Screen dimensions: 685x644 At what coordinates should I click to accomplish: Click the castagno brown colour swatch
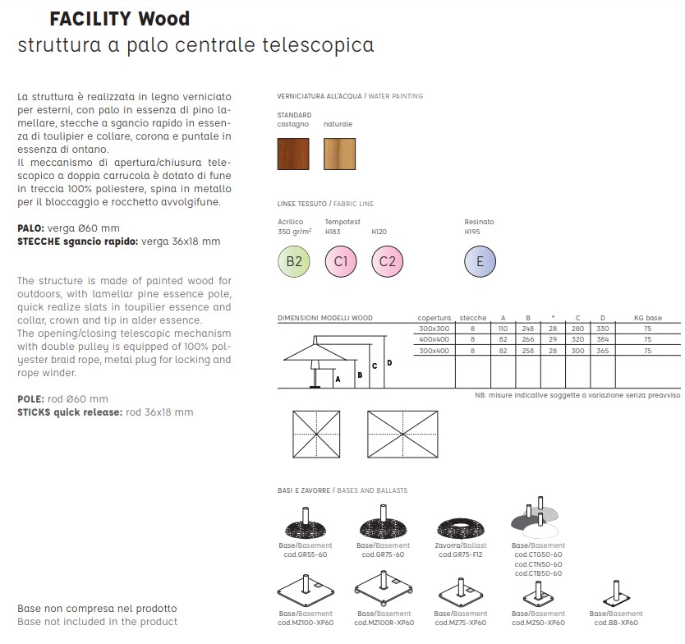[293, 154]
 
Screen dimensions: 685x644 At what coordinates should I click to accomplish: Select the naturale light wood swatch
[339, 154]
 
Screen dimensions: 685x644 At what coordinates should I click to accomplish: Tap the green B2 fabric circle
[294, 261]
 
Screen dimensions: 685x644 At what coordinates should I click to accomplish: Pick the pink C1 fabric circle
[341, 261]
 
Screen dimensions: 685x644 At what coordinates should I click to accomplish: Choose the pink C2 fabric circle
[388, 261]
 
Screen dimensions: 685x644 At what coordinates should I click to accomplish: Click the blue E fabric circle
[480, 261]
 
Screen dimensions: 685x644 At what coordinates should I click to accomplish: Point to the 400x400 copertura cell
[434, 339]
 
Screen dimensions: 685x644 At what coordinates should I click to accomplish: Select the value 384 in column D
[602, 339]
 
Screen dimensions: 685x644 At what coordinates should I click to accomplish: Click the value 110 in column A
[503, 329]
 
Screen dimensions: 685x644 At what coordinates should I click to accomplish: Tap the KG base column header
[648, 318]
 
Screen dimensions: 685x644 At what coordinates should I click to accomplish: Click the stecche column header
[473, 318]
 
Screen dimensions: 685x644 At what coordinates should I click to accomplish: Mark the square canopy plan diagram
[316, 435]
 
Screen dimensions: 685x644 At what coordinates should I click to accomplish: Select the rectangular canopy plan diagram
[402, 435]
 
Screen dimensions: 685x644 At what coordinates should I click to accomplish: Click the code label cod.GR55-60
[306, 554]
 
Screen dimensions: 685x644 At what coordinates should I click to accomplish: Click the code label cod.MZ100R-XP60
[384, 623]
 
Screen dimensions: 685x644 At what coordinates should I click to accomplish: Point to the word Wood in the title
[163, 19]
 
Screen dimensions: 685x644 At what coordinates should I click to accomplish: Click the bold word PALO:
[30, 228]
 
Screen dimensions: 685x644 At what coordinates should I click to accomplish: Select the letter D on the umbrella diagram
[389, 362]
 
